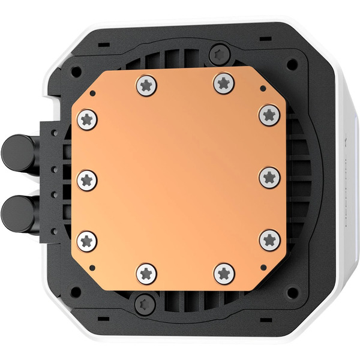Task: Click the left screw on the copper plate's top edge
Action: coord(147,85)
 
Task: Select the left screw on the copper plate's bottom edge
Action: coord(147,274)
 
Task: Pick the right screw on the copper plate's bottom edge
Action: coord(224,273)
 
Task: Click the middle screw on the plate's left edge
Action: coord(88,179)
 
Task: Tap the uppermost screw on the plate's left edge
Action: coord(88,119)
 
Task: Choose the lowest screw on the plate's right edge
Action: coord(269,240)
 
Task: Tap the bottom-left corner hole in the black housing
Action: coord(76,292)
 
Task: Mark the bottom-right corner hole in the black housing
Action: coord(290,292)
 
